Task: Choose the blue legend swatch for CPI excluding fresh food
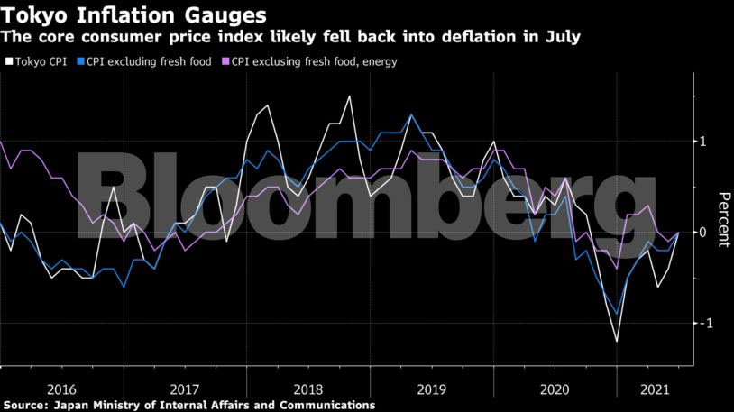[80, 62]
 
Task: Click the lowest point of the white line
[618, 342]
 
